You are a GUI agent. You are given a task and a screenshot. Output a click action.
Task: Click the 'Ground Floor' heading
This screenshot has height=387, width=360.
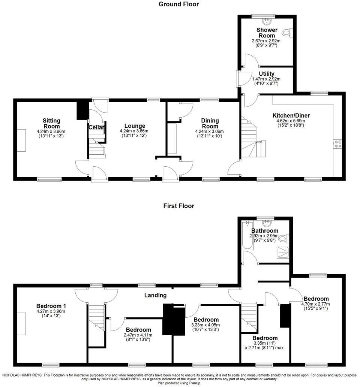point(178,4)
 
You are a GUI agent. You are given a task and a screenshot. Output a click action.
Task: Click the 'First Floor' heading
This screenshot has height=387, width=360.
point(178,206)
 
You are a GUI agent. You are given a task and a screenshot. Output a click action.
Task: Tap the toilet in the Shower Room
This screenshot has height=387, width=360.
point(289,33)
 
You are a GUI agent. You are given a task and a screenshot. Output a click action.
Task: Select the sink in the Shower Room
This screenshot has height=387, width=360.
point(267,20)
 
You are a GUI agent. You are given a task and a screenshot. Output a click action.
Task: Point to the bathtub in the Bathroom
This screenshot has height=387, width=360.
point(247,236)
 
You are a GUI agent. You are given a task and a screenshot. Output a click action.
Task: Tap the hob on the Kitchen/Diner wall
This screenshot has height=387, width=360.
point(337,144)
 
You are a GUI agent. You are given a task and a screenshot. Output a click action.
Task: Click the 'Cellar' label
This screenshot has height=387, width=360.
point(96,127)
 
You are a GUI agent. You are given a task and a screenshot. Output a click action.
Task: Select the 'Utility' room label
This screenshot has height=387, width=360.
point(267,74)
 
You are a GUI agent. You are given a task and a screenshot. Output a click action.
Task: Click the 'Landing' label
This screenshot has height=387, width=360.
point(156,295)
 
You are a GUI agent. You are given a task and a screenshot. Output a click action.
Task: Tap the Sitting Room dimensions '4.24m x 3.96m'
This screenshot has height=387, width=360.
point(51,131)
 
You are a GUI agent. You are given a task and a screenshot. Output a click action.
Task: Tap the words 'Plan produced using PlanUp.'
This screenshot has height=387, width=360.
point(180,383)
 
